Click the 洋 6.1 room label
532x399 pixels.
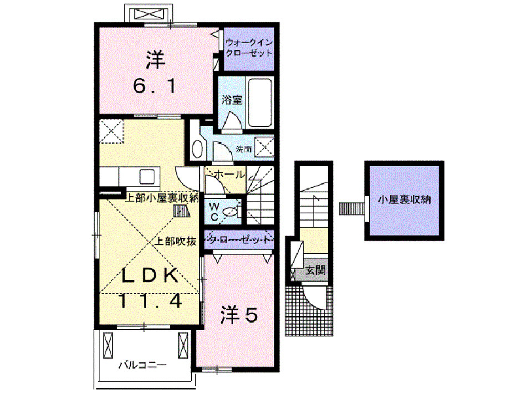156,72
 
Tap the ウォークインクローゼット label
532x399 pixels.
249,48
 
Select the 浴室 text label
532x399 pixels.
231,101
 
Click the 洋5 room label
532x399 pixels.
239,315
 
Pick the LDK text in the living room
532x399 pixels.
150,275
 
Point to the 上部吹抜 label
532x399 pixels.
174,241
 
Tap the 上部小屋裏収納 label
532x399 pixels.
161,198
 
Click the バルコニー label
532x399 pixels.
143,365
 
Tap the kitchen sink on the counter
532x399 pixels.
149,177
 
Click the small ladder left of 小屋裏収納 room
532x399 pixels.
350,208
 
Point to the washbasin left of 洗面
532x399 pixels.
197,148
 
